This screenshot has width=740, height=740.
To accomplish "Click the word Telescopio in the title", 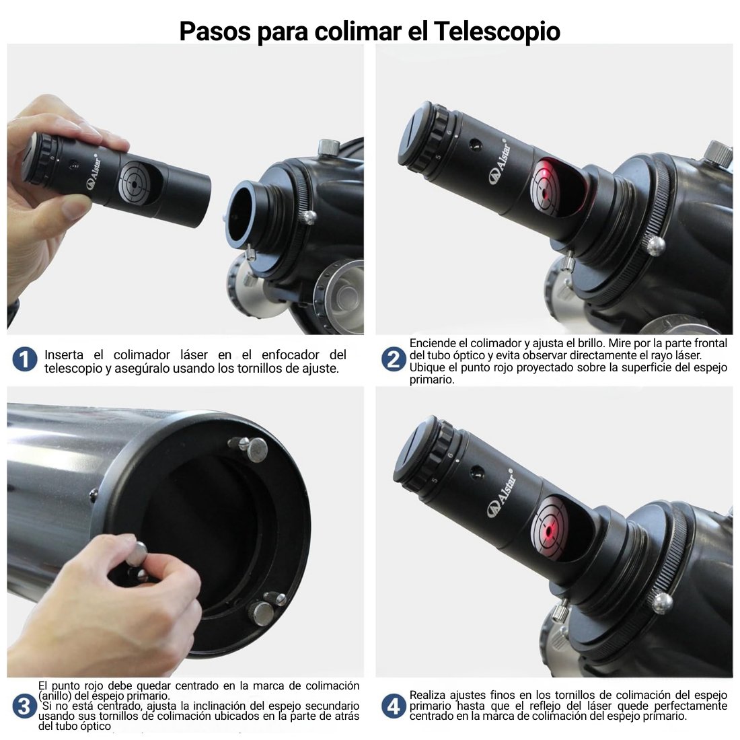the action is pos(497,31).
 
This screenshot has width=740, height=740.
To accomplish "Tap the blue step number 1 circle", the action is pos(25,360).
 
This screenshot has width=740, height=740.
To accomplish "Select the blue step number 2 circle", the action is pos(394,360).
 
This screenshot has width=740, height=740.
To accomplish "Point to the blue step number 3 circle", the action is pos(24,706).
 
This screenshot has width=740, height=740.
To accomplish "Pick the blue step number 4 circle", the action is pos(394,706).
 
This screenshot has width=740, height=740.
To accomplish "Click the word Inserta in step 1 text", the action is pos(64,355).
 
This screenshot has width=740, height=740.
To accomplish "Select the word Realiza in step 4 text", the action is pos(427,695).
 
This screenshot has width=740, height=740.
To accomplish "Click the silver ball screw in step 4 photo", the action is pos(661,603).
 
